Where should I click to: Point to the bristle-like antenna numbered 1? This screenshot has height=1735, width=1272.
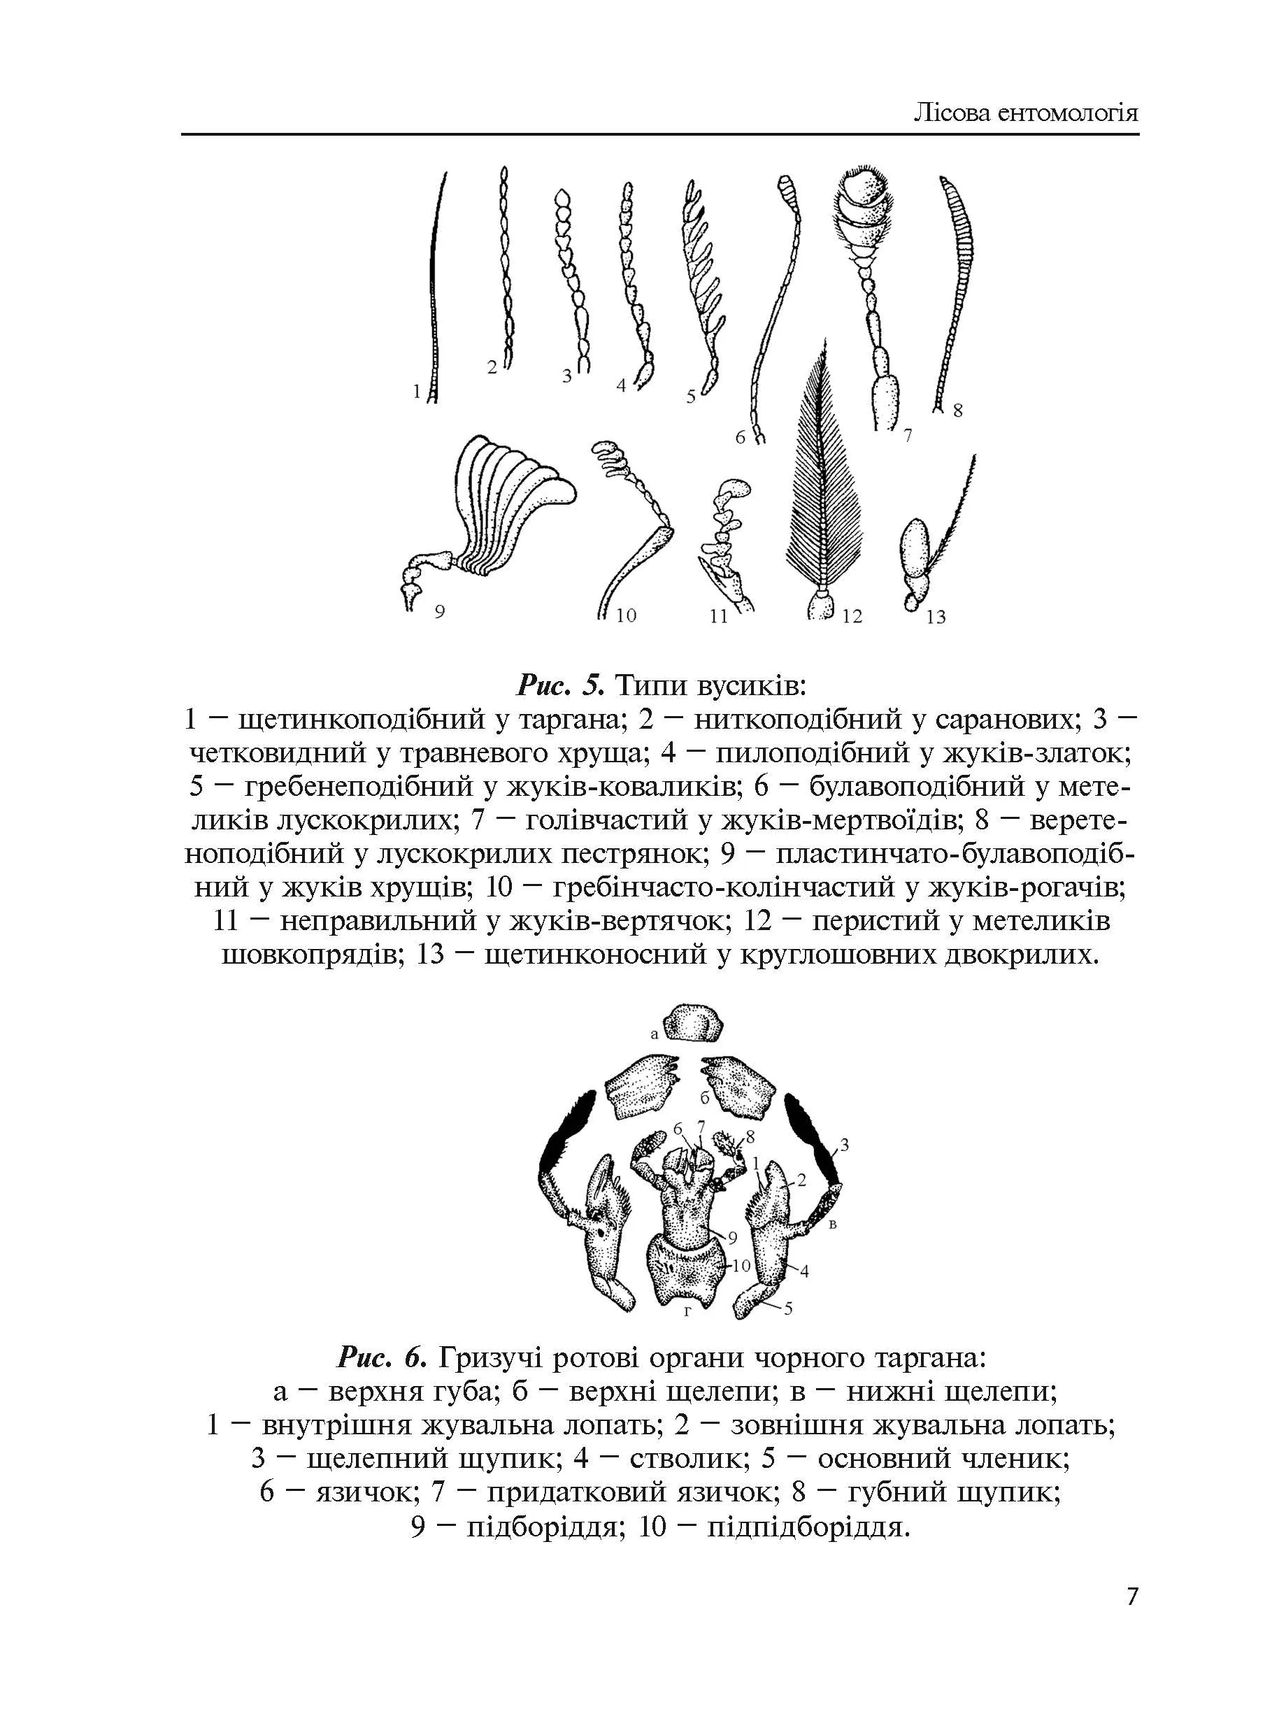click(x=436, y=285)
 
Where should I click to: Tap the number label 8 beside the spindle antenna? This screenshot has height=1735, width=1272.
click(x=958, y=411)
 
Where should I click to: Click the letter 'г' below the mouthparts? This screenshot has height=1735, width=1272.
click(x=689, y=1310)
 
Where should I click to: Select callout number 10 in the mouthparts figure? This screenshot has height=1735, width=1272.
click(x=740, y=1264)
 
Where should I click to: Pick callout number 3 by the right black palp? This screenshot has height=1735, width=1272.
click(x=844, y=1145)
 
